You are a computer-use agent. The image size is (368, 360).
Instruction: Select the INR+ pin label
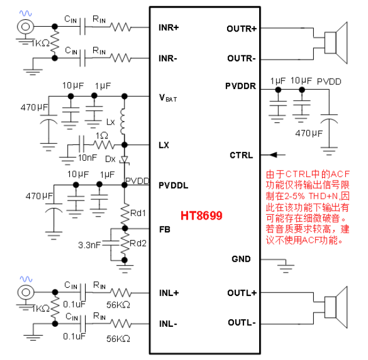pos(169,27)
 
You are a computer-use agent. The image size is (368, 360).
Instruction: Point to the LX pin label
pos(164,145)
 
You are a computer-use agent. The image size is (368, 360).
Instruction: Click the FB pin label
pos(164,230)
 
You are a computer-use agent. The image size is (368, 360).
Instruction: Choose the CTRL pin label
pos(241,155)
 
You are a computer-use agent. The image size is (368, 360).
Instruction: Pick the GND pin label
pos(240,259)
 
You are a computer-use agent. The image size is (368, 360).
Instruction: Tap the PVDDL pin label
pos(174,185)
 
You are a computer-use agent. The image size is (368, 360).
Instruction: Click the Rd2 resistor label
pos(138,243)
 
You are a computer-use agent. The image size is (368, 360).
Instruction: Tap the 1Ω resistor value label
pos(102,136)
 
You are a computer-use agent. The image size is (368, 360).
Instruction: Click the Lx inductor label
pos(111,122)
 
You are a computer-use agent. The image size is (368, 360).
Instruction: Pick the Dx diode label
pos(110,158)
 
